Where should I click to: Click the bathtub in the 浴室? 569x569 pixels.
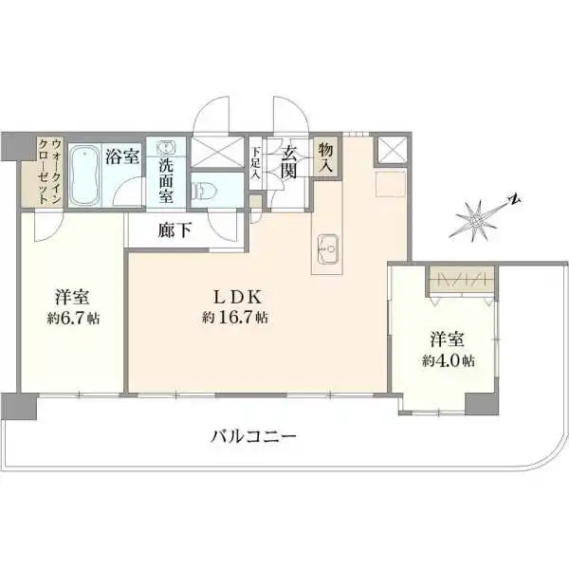point(85,175)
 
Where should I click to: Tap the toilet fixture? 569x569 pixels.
point(205,190)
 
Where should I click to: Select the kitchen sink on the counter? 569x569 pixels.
point(328,249)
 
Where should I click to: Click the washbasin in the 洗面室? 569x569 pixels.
point(166,147)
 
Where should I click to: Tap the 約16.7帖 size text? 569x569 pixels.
point(235,318)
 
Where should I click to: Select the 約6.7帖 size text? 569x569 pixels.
point(73,319)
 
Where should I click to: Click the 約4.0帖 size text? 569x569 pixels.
point(448,360)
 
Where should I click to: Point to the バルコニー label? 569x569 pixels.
point(253,436)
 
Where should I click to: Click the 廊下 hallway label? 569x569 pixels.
point(174,230)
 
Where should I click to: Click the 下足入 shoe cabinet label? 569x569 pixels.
point(256,162)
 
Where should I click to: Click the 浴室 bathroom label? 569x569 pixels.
point(122,156)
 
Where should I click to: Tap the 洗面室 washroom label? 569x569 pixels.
point(166,181)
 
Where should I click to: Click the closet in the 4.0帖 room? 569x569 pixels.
point(461,280)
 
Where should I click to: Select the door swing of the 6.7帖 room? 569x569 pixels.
point(48,228)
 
